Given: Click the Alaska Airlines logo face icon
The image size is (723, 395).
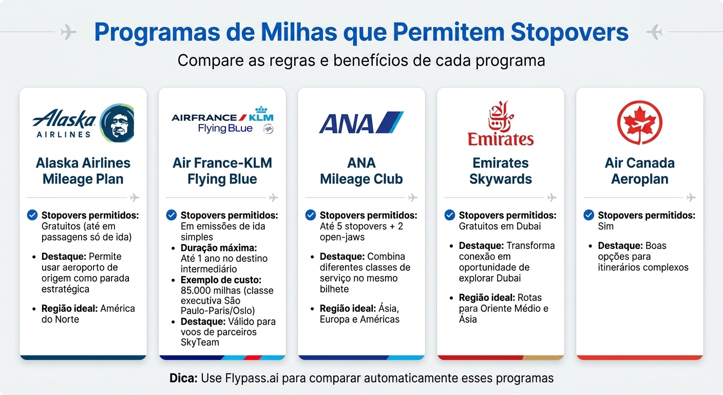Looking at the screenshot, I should tap(117, 123).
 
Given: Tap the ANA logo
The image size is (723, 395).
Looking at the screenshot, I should tap(361, 123).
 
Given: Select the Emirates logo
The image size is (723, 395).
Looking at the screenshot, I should tap(500, 123).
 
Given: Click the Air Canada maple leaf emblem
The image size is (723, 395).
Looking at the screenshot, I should tap(639, 122).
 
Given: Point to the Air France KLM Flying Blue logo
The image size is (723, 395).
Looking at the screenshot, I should tap(222, 121).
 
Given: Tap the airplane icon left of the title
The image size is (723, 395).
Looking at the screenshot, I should tap(68, 32).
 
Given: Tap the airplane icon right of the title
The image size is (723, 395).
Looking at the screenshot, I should tap(654, 32).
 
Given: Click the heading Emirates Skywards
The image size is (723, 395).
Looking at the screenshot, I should tap(500, 171).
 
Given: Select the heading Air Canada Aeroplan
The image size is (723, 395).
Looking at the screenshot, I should tap(639, 171).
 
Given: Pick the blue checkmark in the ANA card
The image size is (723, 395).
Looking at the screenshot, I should tap(310, 214).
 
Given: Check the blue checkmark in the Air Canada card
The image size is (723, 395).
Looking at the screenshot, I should tap(588, 214).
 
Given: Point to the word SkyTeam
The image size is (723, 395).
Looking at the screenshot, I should tap(200, 342).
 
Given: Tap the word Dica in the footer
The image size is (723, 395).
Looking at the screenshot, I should tap(183, 379).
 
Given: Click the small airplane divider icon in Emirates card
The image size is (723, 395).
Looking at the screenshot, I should tap(552, 197).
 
